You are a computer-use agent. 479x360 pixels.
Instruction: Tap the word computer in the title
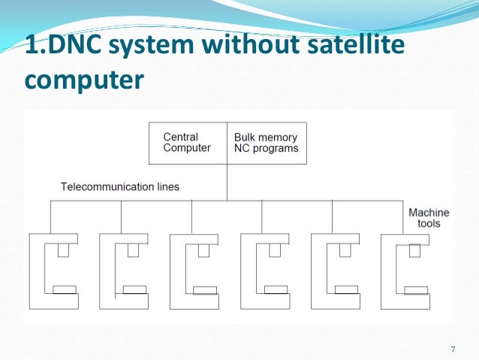[83, 79]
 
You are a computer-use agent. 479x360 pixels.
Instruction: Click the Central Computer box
[187, 143]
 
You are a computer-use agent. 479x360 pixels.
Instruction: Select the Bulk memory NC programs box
[266, 143]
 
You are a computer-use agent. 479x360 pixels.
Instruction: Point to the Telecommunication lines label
[120, 186]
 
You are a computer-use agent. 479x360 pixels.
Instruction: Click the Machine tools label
[428, 218]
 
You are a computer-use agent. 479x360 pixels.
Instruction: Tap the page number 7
[453, 349]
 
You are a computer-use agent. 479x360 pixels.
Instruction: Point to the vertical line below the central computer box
[227, 182]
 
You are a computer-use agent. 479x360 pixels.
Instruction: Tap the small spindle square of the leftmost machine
[64, 250]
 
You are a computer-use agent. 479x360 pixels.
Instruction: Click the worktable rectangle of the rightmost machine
[417, 289]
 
